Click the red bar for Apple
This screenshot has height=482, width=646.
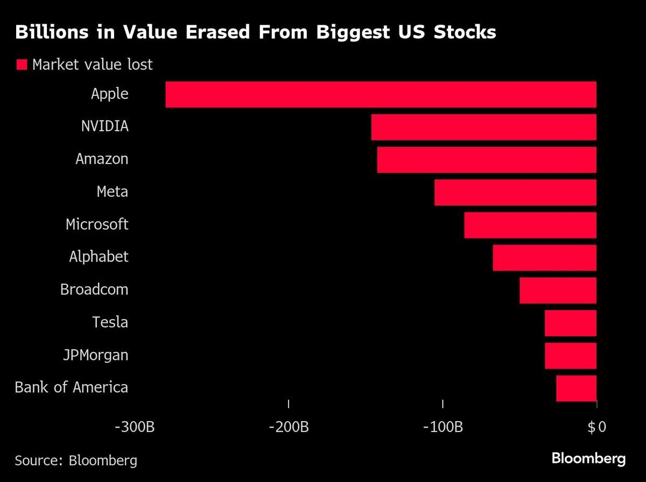[381, 95]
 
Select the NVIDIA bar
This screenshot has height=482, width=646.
[483, 127]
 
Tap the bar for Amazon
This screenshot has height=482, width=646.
[487, 160]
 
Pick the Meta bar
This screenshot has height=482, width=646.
[515, 193]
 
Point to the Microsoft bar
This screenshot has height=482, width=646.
[530, 225]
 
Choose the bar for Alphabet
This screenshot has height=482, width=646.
[544, 258]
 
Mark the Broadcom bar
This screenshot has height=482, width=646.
[558, 290]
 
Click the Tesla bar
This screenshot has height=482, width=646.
[571, 323]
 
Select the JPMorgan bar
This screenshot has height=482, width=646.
[571, 356]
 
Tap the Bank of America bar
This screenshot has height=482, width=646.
[576, 388]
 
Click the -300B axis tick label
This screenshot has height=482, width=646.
[135, 428]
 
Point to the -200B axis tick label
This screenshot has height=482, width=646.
[289, 428]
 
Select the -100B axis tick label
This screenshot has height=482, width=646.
[443, 428]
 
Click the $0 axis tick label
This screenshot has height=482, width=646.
[596, 428]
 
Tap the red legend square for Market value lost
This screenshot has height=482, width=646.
[22, 65]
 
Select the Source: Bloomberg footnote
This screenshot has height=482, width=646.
[75, 460]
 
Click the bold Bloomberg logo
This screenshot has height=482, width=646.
[588, 459]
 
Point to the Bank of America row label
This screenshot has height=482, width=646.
[71, 387]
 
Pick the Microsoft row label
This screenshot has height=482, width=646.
[97, 224]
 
